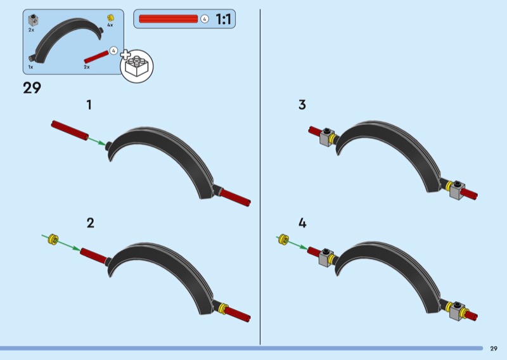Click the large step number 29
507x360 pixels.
32,88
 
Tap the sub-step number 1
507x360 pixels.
89,105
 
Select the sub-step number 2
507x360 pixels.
90,222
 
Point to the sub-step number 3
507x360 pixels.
302,105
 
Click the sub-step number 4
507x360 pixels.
302,222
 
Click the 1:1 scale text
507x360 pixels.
224,20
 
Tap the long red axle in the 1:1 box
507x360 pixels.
169,19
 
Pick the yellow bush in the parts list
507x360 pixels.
110,16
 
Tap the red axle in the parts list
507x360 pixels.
96,56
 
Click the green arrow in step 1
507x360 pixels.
96,139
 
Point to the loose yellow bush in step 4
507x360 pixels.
283,240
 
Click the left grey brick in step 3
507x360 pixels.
327,136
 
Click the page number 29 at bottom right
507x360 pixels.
494,349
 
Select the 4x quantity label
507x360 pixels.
110,25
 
